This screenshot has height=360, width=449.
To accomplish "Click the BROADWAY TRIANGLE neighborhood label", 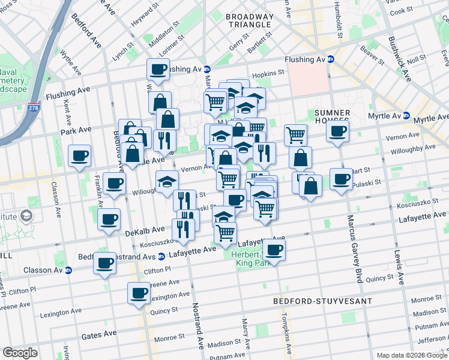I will pos(250,21).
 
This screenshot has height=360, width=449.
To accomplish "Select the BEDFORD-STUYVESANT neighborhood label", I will pos(322,300).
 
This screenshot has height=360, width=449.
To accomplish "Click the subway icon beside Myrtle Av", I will pos(406,115).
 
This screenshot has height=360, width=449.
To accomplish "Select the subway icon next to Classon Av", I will pos(68,270).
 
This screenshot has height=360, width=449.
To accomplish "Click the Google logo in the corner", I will pos(21,353).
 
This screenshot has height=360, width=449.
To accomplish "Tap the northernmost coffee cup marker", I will pos(158,69).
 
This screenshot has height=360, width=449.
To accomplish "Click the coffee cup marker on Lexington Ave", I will pos(139,294).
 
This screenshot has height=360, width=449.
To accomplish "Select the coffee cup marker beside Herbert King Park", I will pos(274,250).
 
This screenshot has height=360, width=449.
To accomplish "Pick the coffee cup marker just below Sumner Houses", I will pos(338,132).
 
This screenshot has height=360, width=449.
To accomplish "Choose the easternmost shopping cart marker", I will pos(295,135).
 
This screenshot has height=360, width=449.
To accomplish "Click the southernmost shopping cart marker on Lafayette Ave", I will pos(225,233).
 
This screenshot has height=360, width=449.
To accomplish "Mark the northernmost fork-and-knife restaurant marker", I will pos(164,140).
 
